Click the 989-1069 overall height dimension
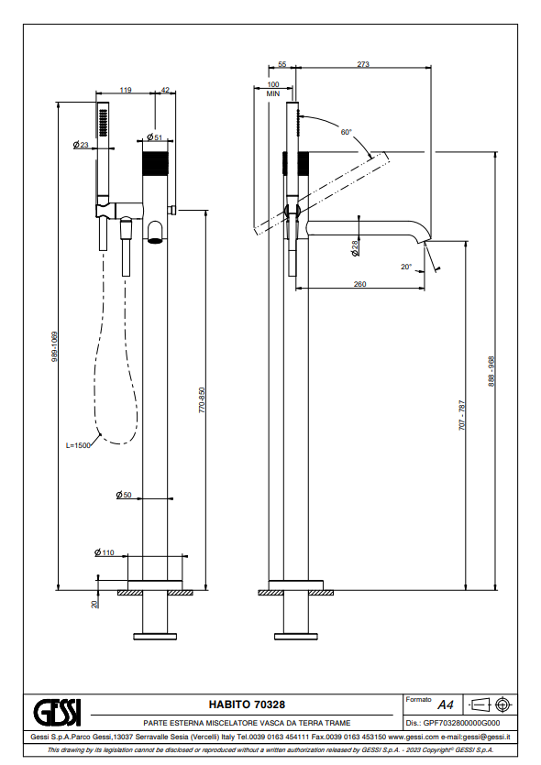pos(55,346)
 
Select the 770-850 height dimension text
pos(202,400)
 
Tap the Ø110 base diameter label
pos(105,552)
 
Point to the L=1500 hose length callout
pos(78,445)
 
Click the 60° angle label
pos(347,132)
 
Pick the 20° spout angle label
pos(406,267)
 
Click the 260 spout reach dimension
pos(359,284)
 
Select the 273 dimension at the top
pos(363,64)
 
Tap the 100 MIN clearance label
pos(273,89)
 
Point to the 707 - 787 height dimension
pos(462,415)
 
